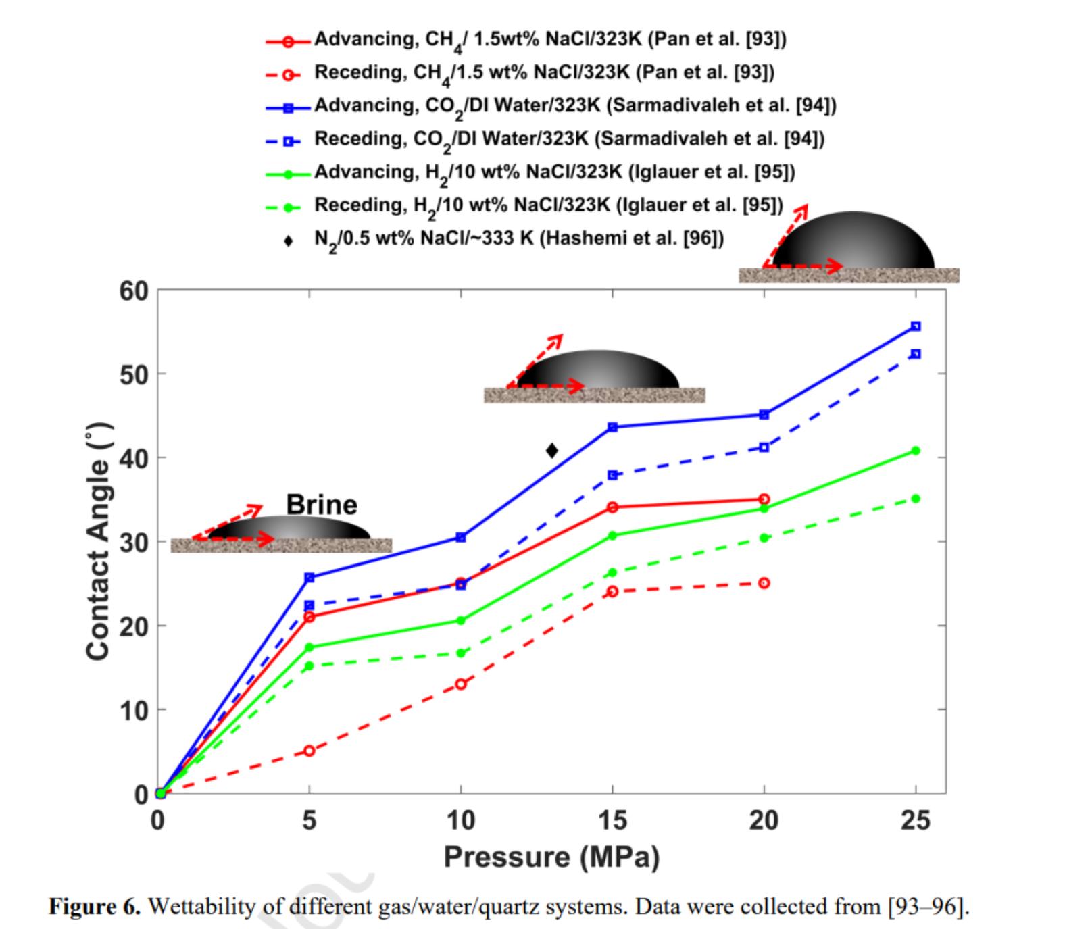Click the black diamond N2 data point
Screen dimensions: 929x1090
[x=552, y=450]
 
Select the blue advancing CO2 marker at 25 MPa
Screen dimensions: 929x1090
[x=916, y=326]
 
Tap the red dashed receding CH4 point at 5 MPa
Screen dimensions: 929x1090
[x=309, y=751]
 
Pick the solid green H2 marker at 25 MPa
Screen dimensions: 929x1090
[x=916, y=451]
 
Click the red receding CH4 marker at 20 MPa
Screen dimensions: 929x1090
[x=764, y=583]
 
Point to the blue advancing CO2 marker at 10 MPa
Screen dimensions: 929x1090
[x=461, y=537]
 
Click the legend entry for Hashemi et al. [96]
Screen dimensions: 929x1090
[x=518, y=238]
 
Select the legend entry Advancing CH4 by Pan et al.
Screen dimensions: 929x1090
[x=550, y=39]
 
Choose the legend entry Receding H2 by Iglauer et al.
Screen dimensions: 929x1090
[x=548, y=205]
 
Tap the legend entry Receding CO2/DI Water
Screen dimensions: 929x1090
[x=569, y=139]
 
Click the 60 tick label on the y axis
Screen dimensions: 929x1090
[x=133, y=291]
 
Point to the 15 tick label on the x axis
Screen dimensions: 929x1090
[x=612, y=820]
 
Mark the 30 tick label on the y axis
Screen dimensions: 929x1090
[x=133, y=543]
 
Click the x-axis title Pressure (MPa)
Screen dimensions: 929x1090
[x=551, y=857]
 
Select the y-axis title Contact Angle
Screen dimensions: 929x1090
[x=99, y=541]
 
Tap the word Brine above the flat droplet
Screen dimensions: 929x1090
[x=322, y=505]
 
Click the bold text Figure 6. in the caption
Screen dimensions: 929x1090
[x=95, y=907]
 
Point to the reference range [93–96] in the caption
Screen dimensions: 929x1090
[x=928, y=907]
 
